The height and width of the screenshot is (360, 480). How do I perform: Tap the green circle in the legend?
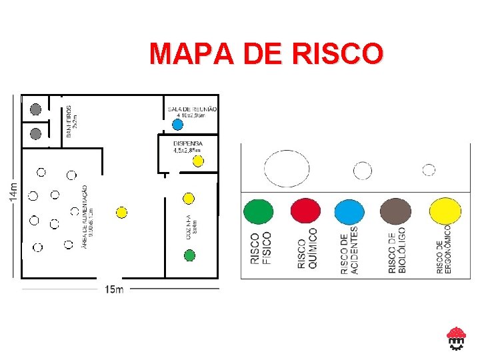(x=259, y=212)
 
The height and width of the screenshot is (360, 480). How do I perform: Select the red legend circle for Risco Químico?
(x=305, y=211)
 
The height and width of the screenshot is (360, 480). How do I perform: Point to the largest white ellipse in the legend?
(x=287, y=169)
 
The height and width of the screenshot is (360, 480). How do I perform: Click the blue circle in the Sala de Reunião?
(x=177, y=124)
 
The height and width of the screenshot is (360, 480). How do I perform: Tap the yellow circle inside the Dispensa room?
(x=198, y=161)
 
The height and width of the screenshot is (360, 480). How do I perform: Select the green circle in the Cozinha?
(x=189, y=255)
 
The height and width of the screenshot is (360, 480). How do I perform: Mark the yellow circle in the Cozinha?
(x=189, y=198)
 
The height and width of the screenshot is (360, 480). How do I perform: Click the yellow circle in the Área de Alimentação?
(x=121, y=213)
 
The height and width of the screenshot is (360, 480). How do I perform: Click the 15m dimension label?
(x=114, y=289)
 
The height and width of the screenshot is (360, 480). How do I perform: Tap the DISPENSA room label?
(x=187, y=143)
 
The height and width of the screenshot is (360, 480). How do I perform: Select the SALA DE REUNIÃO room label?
(x=192, y=109)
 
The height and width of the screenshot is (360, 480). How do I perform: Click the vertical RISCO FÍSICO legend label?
(x=261, y=249)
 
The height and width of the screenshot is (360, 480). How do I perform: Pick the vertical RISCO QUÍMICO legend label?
(x=307, y=249)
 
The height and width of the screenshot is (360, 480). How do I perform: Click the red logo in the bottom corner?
(x=456, y=338)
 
